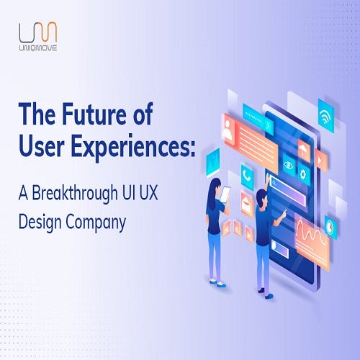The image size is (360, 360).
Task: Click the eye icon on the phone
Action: (289, 165)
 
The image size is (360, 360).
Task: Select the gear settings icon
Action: (303, 174)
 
